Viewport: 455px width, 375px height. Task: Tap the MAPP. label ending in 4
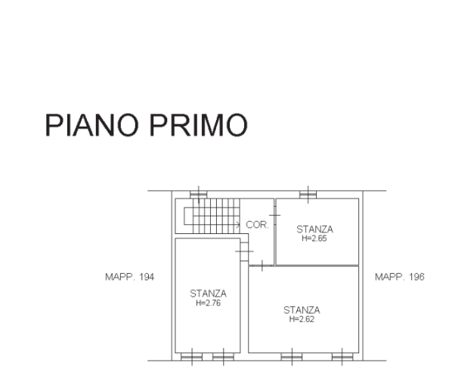click(x=129, y=277)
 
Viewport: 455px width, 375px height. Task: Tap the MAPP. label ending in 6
click(x=400, y=277)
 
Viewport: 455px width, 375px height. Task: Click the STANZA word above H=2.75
click(x=208, y=294)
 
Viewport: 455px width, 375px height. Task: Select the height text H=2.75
click(x=208, y=303)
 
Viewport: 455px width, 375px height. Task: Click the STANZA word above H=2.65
click(x=314, y=229)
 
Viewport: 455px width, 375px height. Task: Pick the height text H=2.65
click(x=314, y=238)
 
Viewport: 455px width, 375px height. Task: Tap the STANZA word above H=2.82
click(x=302, y=309)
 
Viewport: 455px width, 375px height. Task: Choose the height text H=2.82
click(x=302, y=318)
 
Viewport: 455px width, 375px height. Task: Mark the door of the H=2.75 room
click(x=243, y=248)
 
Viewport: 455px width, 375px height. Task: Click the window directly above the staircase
click(x=198, y=194)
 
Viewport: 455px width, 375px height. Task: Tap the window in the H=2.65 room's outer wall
click(x=307, y=194)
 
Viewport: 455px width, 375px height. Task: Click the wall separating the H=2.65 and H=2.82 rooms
click(x=316, y=265)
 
